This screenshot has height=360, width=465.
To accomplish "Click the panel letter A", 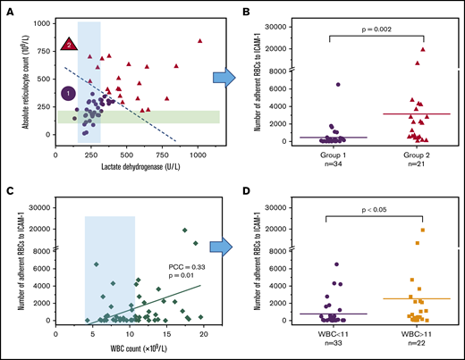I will click(8, 8).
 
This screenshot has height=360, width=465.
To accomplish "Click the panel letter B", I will click(251, 8).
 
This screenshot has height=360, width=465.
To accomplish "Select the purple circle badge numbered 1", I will click(68, 93).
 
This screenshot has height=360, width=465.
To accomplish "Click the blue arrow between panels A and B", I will click(227, 79).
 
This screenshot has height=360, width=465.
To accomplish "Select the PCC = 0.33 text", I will click(186, 265).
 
